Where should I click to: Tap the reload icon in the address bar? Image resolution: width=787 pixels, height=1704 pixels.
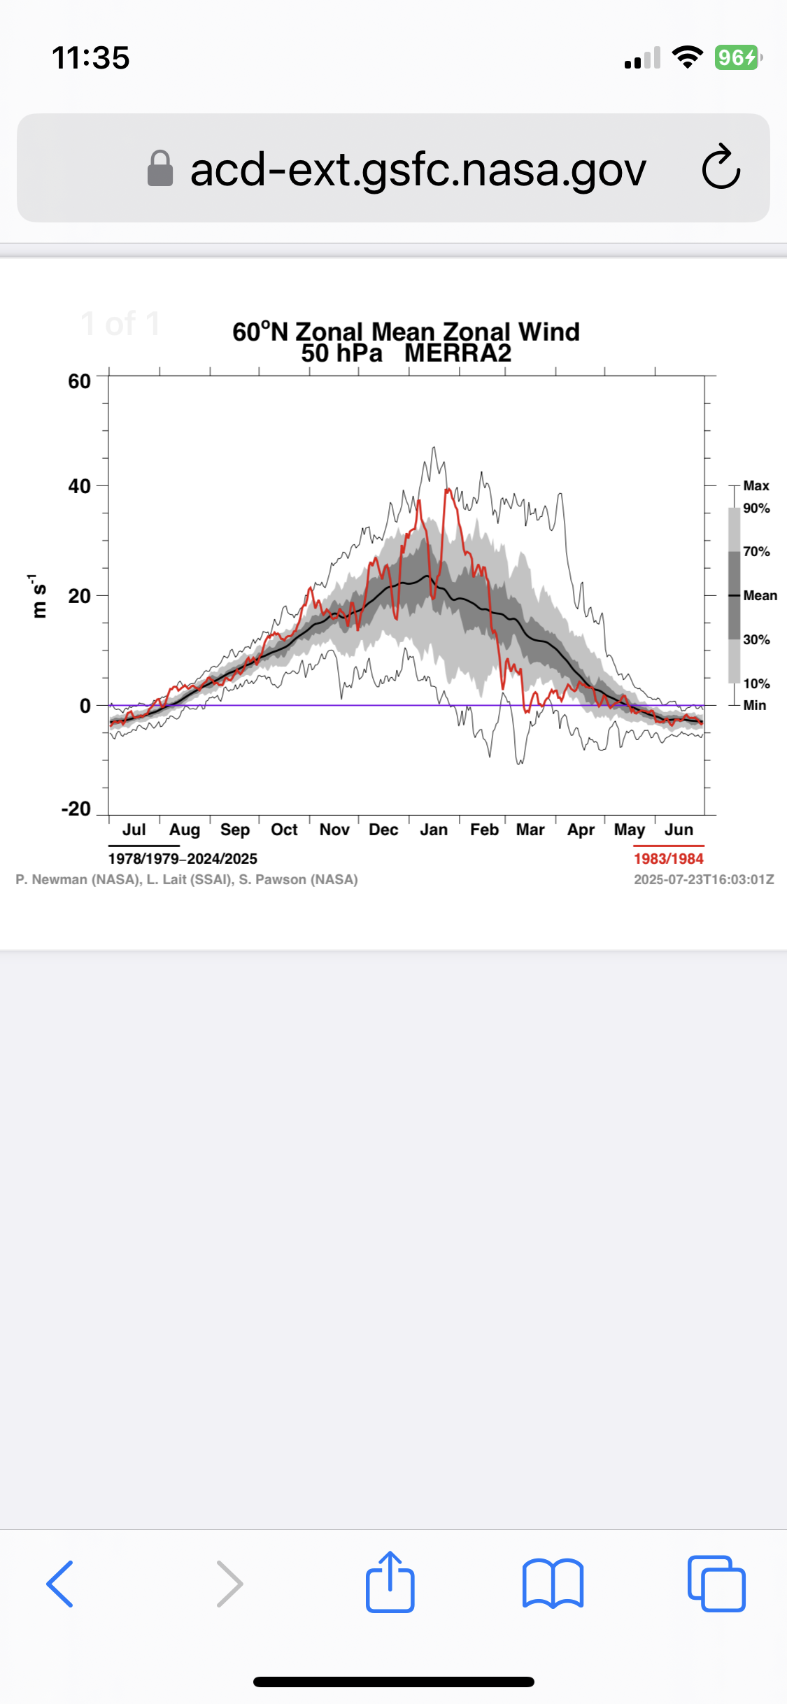pyautogui.click(x=721, y=168)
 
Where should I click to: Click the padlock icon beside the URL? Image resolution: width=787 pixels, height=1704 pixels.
pyautogui.click(x=160, y=169)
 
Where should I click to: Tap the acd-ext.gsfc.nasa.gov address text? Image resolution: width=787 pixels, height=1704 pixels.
pyautogui.click(x=418, y=169)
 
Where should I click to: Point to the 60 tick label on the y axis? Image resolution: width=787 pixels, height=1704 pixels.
pyautogui.click(x=79, y=381)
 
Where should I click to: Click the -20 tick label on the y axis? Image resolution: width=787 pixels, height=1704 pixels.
pyautogui.click(x=76, y=809)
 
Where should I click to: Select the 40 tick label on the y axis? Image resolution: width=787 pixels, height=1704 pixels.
pyautogui.click(x=79, y=486)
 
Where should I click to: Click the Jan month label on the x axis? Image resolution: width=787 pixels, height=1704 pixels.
pyautogui.click(x=434, y=830)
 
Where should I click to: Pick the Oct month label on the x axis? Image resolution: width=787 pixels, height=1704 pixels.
pyautogui.click(x=284, y=830)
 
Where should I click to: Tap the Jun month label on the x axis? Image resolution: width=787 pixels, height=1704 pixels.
pyautogui.click(x=679, y=830)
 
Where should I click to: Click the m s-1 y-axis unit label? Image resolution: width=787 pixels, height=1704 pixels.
pyautogui.click(x=38, y=596)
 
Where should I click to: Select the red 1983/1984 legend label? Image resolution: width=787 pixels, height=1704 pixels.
pyautogui.click(x=668, y=858)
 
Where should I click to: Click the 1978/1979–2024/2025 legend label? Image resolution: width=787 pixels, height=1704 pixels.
pyautogui.click(x=183, y=858)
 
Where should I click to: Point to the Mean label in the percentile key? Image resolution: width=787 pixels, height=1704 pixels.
pyautogui.click(x=760, y=595)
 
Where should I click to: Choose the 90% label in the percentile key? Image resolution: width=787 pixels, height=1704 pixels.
pyautogui.click(x=756, y=508)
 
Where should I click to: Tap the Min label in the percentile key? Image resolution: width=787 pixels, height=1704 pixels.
pyautogui.click(x=754, y=705)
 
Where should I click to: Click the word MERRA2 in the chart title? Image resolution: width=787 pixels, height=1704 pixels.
pyautogui.click(x=458, y=353)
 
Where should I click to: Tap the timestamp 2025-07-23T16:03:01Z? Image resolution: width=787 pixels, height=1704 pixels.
pyautogui.click(x=704, y=879)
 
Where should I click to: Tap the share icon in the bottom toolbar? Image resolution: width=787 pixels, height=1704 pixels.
pyautogui.click(x=390, y=1582)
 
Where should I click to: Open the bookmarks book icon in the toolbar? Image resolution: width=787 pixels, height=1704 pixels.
pyautogui.click(x=553, y=1584)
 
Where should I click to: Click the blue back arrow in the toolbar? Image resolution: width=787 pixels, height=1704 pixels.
pyautogui.click(x=60, y=1584)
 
